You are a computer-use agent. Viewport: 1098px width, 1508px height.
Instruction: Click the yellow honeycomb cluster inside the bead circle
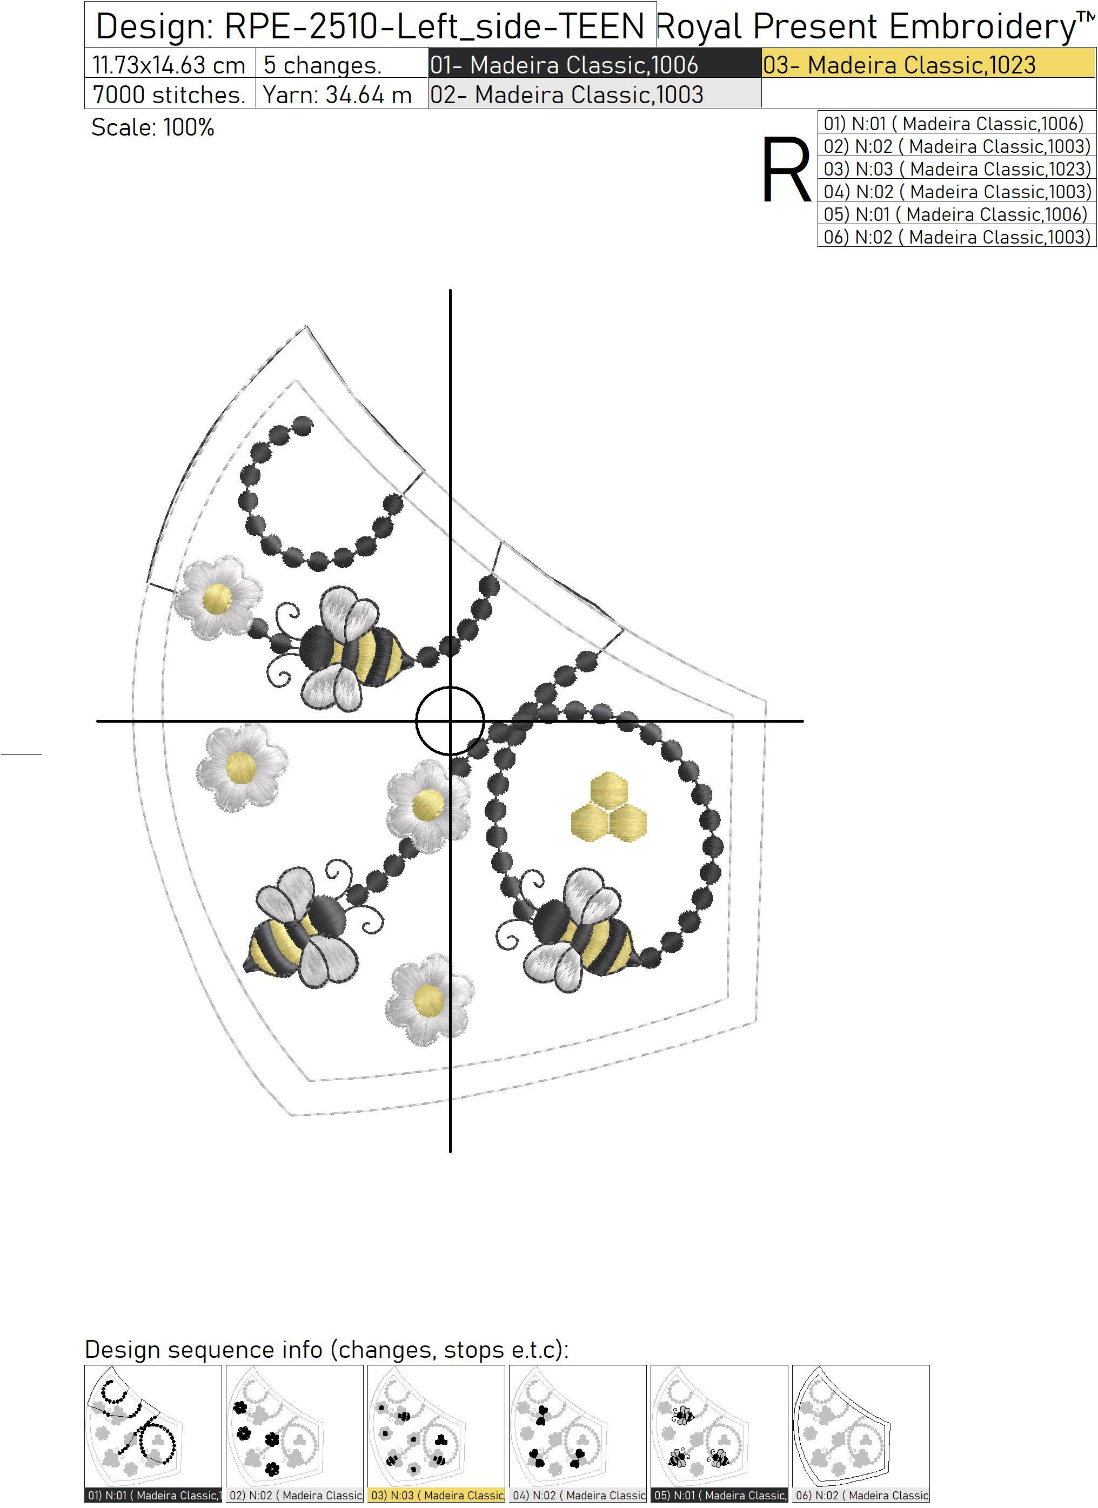(608, 806)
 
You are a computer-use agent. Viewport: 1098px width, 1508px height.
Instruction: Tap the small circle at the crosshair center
(450, 721)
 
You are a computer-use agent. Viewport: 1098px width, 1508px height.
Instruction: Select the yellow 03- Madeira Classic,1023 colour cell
(928, 64)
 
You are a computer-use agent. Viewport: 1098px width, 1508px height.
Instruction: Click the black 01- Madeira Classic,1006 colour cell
(594, 64)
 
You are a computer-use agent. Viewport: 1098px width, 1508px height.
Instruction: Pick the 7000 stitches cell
(170, 94)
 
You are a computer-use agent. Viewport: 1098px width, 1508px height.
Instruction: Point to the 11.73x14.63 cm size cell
(170, 64)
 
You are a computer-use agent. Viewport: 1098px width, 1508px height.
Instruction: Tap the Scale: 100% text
(153, 127)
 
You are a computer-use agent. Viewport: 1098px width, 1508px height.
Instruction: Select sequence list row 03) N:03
(957, 169)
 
